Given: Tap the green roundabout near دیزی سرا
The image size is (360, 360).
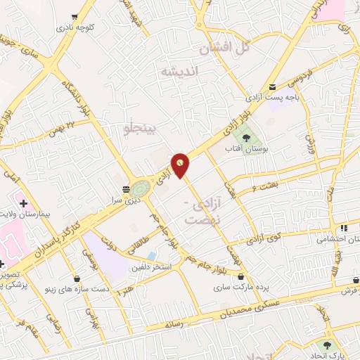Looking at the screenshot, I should (140, 188).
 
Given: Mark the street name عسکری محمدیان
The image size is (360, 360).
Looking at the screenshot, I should (262, 307).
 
